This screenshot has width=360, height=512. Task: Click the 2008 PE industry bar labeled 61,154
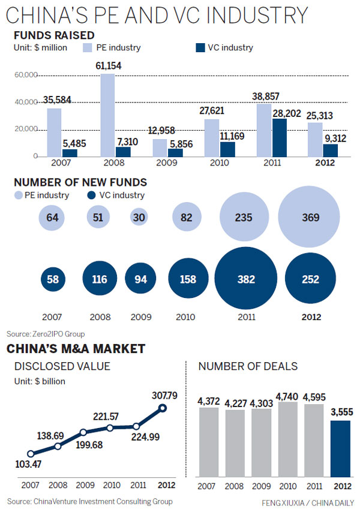coord(107,115)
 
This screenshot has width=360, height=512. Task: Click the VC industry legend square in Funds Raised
coord(201,47)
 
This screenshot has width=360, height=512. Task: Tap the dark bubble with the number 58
coord(52,279)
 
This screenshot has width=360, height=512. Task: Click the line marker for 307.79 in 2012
coord(162,408)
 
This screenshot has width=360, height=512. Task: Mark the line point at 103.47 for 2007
coord(31,454)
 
